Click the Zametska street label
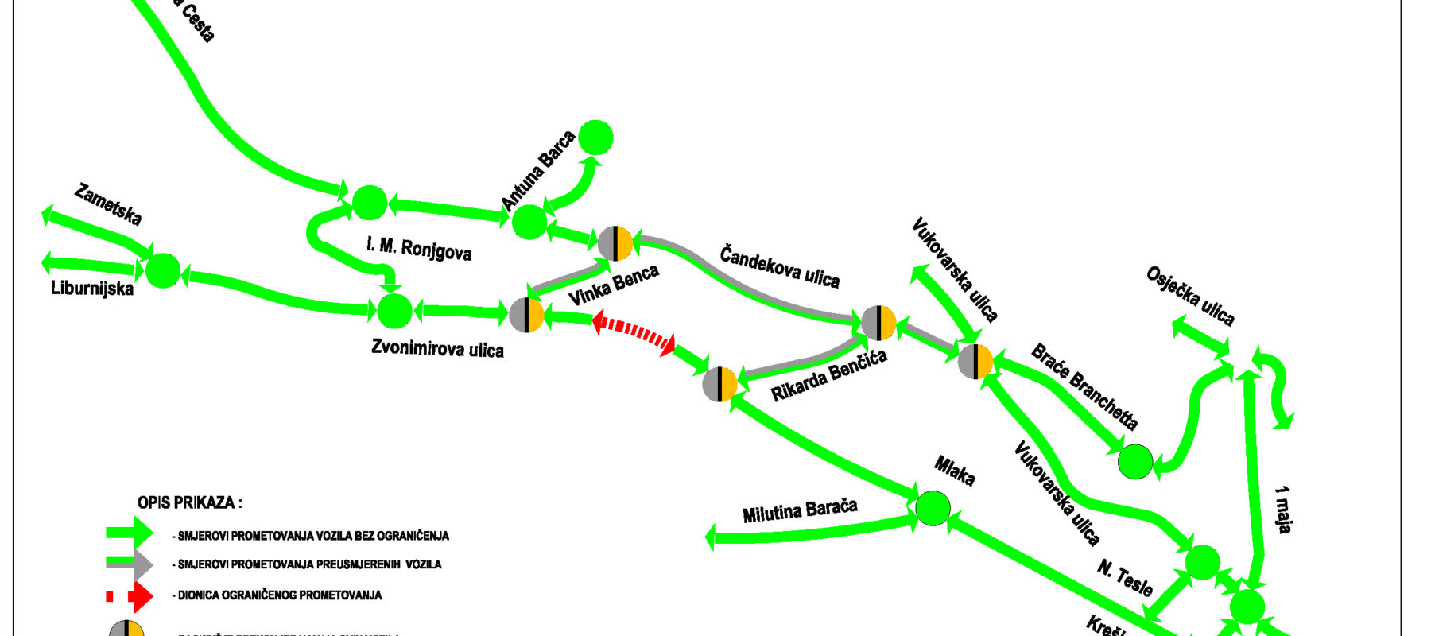[107, 204]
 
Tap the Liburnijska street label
[92, 288]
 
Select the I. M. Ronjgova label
[419, 248]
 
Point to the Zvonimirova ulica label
[437, 348]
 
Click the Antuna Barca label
[538, 172]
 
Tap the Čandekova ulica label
[779, 267]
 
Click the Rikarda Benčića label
[828, 375]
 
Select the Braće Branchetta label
[1084, 386]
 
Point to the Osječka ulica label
[1190, 297]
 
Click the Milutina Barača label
[800, 510]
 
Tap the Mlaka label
[954, 471]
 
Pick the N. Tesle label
[1125, 578]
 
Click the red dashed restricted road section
[634, 332]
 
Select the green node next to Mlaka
[933, 507]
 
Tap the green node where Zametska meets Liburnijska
[164, 270]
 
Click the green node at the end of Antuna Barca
[595, 138]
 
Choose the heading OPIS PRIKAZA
[190, 502]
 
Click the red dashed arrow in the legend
[130, 595]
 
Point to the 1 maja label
[1282, 509]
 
